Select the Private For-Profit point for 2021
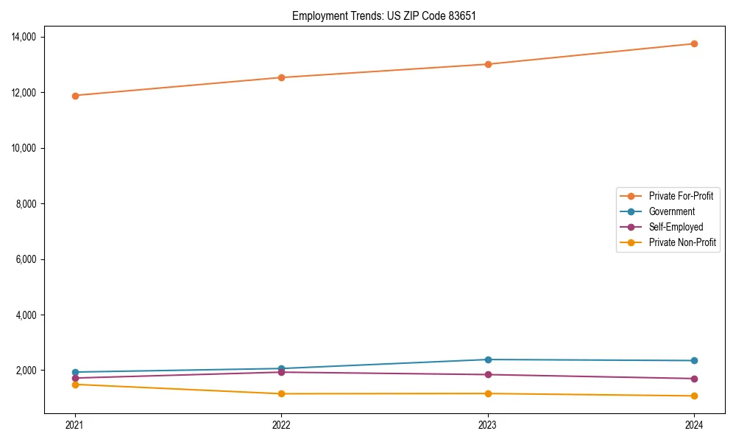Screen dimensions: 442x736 74,96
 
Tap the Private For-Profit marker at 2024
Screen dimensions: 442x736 694,43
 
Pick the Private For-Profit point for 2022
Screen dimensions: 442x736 281,77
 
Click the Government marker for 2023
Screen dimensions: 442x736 487,359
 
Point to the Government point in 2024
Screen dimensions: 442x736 694,360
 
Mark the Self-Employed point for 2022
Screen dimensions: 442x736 281,372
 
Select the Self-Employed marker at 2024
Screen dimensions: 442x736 694,379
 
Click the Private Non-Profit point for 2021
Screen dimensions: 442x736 74,385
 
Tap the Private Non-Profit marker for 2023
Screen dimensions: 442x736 487,393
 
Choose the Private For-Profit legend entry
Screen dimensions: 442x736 681,196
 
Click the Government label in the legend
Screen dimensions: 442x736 671,211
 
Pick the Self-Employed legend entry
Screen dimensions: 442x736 676,227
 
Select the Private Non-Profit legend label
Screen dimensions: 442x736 682,242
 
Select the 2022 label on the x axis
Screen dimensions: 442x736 281,424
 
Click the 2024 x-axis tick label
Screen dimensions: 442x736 694,424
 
